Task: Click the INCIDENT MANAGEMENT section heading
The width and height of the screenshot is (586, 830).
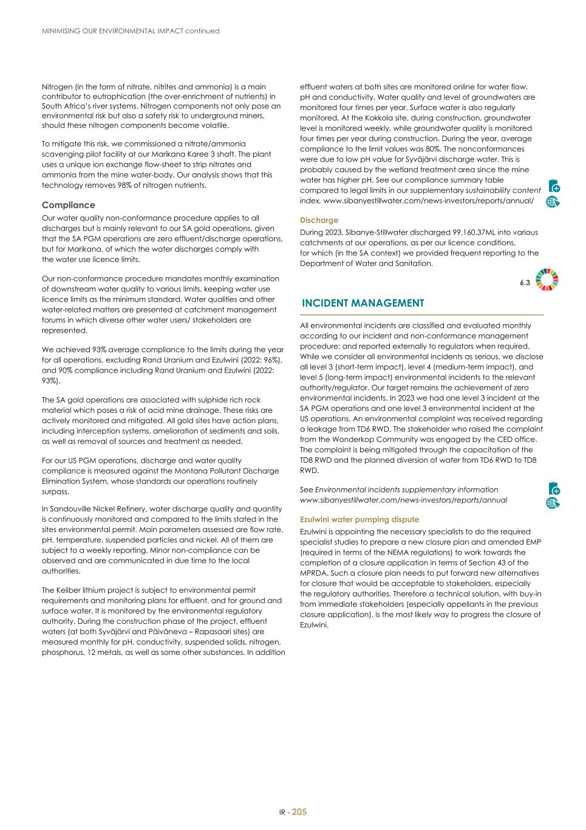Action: click(363, 303)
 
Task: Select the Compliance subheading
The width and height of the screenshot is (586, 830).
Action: click(69, 206)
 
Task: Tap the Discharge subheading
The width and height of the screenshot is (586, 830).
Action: click(319, 220)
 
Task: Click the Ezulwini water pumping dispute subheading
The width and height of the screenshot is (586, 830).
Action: click(359, 520)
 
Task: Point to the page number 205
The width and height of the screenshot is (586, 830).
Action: click(299, 812)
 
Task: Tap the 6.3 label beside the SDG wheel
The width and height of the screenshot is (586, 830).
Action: click(525, 283)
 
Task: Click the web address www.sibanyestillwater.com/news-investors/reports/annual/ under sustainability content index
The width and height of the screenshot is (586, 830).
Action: click(428, 201)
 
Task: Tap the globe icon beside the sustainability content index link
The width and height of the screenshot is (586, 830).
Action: click(553, 202)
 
